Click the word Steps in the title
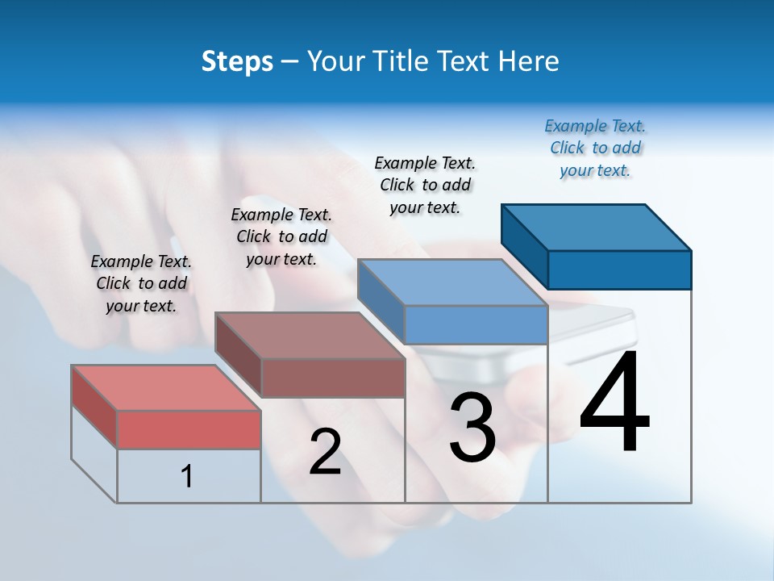pyautogui.click(x=237, y=61)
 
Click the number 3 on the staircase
pyautogui.click(x=472, y=427)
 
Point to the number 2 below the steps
pyautogui.click(x=325, y=452)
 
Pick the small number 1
pyautogui.click(x=187, y=476)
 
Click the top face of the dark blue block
pyautogui.click(x=597, y=228)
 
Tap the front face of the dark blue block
pyautogui.click(x=619, y=270)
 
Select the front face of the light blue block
pyautogui.click(x=476, y=324)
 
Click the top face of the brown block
pyautogui.click(x=310, y=336)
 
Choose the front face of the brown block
pyautogui.click(x=333, y=378)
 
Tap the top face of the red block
pyautogui.click(x=166, y=388)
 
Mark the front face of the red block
pyautogui.click(x=189, y=429)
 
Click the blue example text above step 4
pyautogui.click(x=595, y=148)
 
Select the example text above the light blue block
pyautogui.click(x=425, y=186)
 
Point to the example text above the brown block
pyautogui.click(x=281, y=236)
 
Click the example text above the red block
pyautogui.click(x=141, y=283)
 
